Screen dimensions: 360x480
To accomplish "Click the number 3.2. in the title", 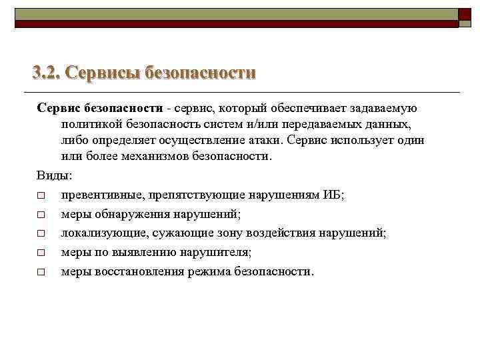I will pyautogui.click(x=47, y=72).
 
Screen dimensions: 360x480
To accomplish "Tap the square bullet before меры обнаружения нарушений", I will pyautogui.click(x=41, y=215).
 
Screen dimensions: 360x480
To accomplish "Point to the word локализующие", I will pyautogui.click(x=104, y=233).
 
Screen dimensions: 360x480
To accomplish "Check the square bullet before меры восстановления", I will pyautogui.click(x=41, y=273).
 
